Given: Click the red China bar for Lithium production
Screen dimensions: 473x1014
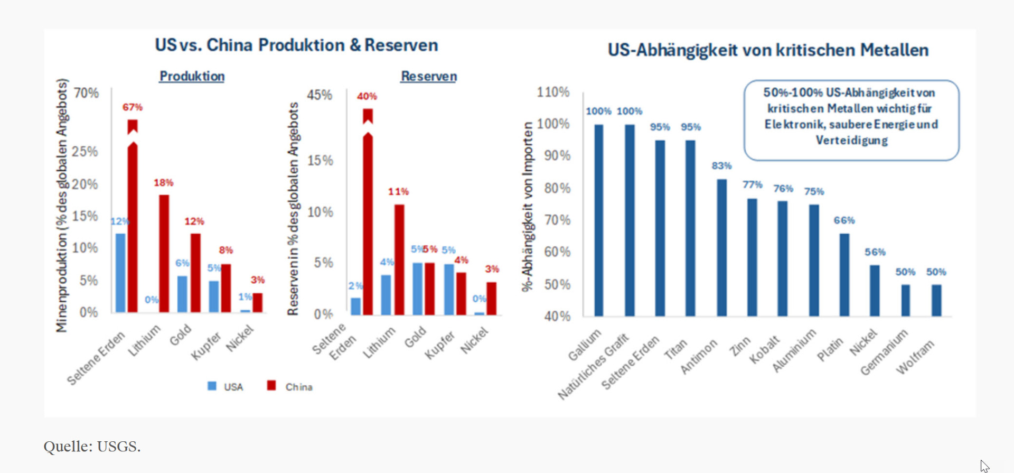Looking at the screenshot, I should [164, 254].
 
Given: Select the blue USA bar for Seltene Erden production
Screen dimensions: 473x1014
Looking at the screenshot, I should [120, 273].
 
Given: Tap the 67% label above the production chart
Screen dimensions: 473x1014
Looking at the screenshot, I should [132, 107].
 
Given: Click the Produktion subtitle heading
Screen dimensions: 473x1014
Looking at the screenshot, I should [192, 76].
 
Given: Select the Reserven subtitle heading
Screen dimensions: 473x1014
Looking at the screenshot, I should [429, 76].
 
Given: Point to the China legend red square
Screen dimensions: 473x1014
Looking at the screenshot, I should [271, 385].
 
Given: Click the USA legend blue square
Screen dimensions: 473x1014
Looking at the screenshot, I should [212, 386].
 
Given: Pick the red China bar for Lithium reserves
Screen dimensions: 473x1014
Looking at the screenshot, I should [399, 259].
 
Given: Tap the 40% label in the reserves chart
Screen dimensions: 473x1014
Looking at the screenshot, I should [367, 96].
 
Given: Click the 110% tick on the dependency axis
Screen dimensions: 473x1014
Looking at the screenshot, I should [553, 92].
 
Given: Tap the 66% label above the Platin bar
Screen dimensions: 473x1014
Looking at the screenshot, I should [844, 220].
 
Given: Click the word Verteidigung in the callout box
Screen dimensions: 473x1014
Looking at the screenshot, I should [851, 141].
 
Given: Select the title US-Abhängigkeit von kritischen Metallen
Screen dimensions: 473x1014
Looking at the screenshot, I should [768, 50].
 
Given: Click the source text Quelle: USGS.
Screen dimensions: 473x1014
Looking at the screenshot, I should [92, 447].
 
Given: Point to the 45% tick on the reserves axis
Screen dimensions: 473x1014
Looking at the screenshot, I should [320, 95].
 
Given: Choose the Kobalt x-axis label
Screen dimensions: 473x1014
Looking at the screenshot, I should [764, 349].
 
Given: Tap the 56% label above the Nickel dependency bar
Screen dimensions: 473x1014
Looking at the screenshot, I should [875, 252].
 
